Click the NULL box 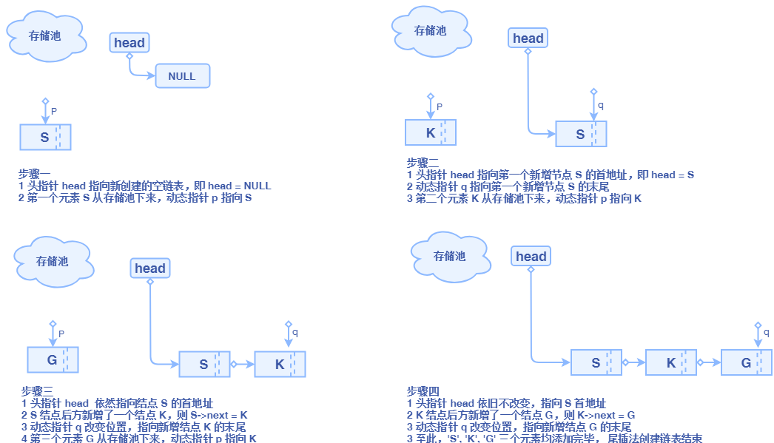point(182,76)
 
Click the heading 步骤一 point(34,175)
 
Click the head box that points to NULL point(129,43)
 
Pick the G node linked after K point(746,363)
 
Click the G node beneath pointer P point(53,360)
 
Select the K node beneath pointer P point(431,133)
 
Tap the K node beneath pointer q point(280,364)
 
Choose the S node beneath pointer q point(580,135)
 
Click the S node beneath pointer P point(45,138)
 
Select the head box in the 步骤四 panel point(531,257)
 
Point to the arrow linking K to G point(708,363)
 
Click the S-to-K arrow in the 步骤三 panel point(242,364)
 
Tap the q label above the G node point(766,333)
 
